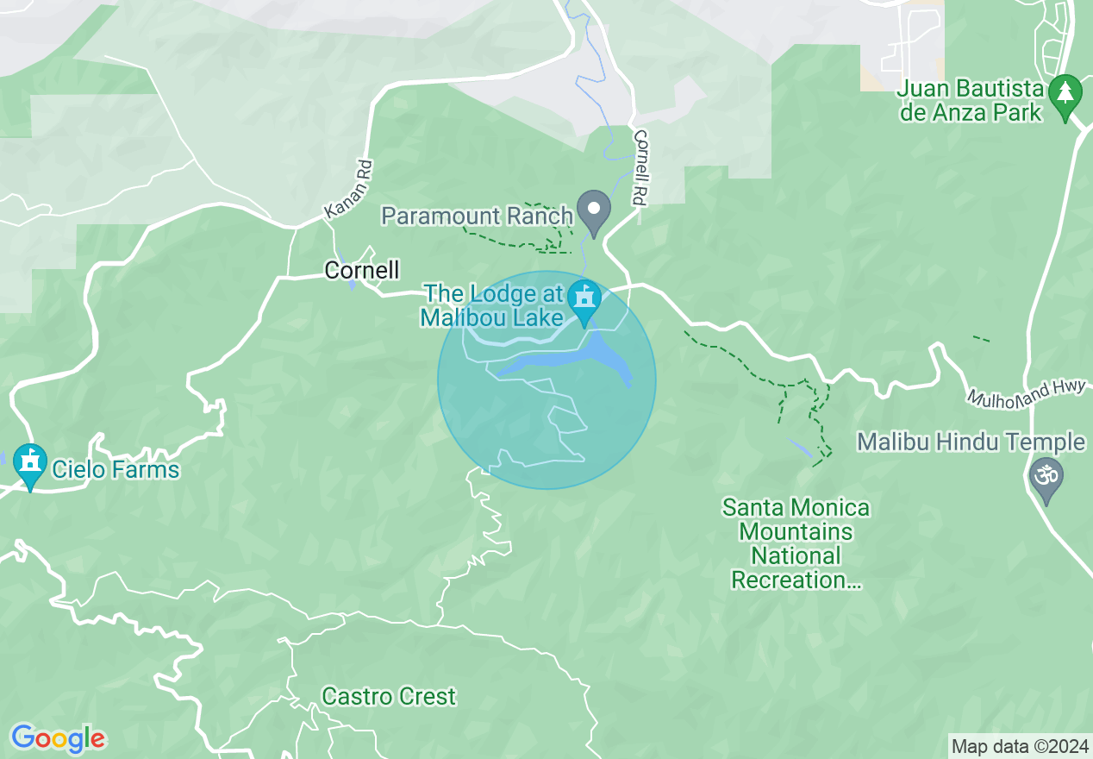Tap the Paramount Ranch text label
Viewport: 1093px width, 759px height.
pyautogui.click(x=478, y=216)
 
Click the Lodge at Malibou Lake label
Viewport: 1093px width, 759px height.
pyautogui.click(x=492, y=306)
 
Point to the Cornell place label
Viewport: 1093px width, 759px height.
pyautogui.click(x=362, y=270)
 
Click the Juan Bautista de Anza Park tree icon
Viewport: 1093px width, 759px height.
pyautogui.click(x=1065, y=92)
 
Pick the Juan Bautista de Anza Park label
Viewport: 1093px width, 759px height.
pyautogui.click(x=970, y=101)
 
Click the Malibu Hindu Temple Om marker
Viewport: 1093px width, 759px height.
pyautogui.click(x=1047, y=477)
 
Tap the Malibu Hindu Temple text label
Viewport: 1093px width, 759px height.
pyautogui.click(x=970, y=442)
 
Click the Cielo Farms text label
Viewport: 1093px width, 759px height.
pyautogui.click(x=116, y=470)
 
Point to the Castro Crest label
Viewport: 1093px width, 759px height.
pyautogui.click(x=389, y=696)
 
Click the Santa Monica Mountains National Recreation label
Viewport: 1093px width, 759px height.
pyautogui.click(x=796, y=543)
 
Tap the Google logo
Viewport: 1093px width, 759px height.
pyautogui.click(x=58, y=738)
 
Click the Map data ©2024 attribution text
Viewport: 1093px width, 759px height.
pyautogui.click(x=1019, y=746)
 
